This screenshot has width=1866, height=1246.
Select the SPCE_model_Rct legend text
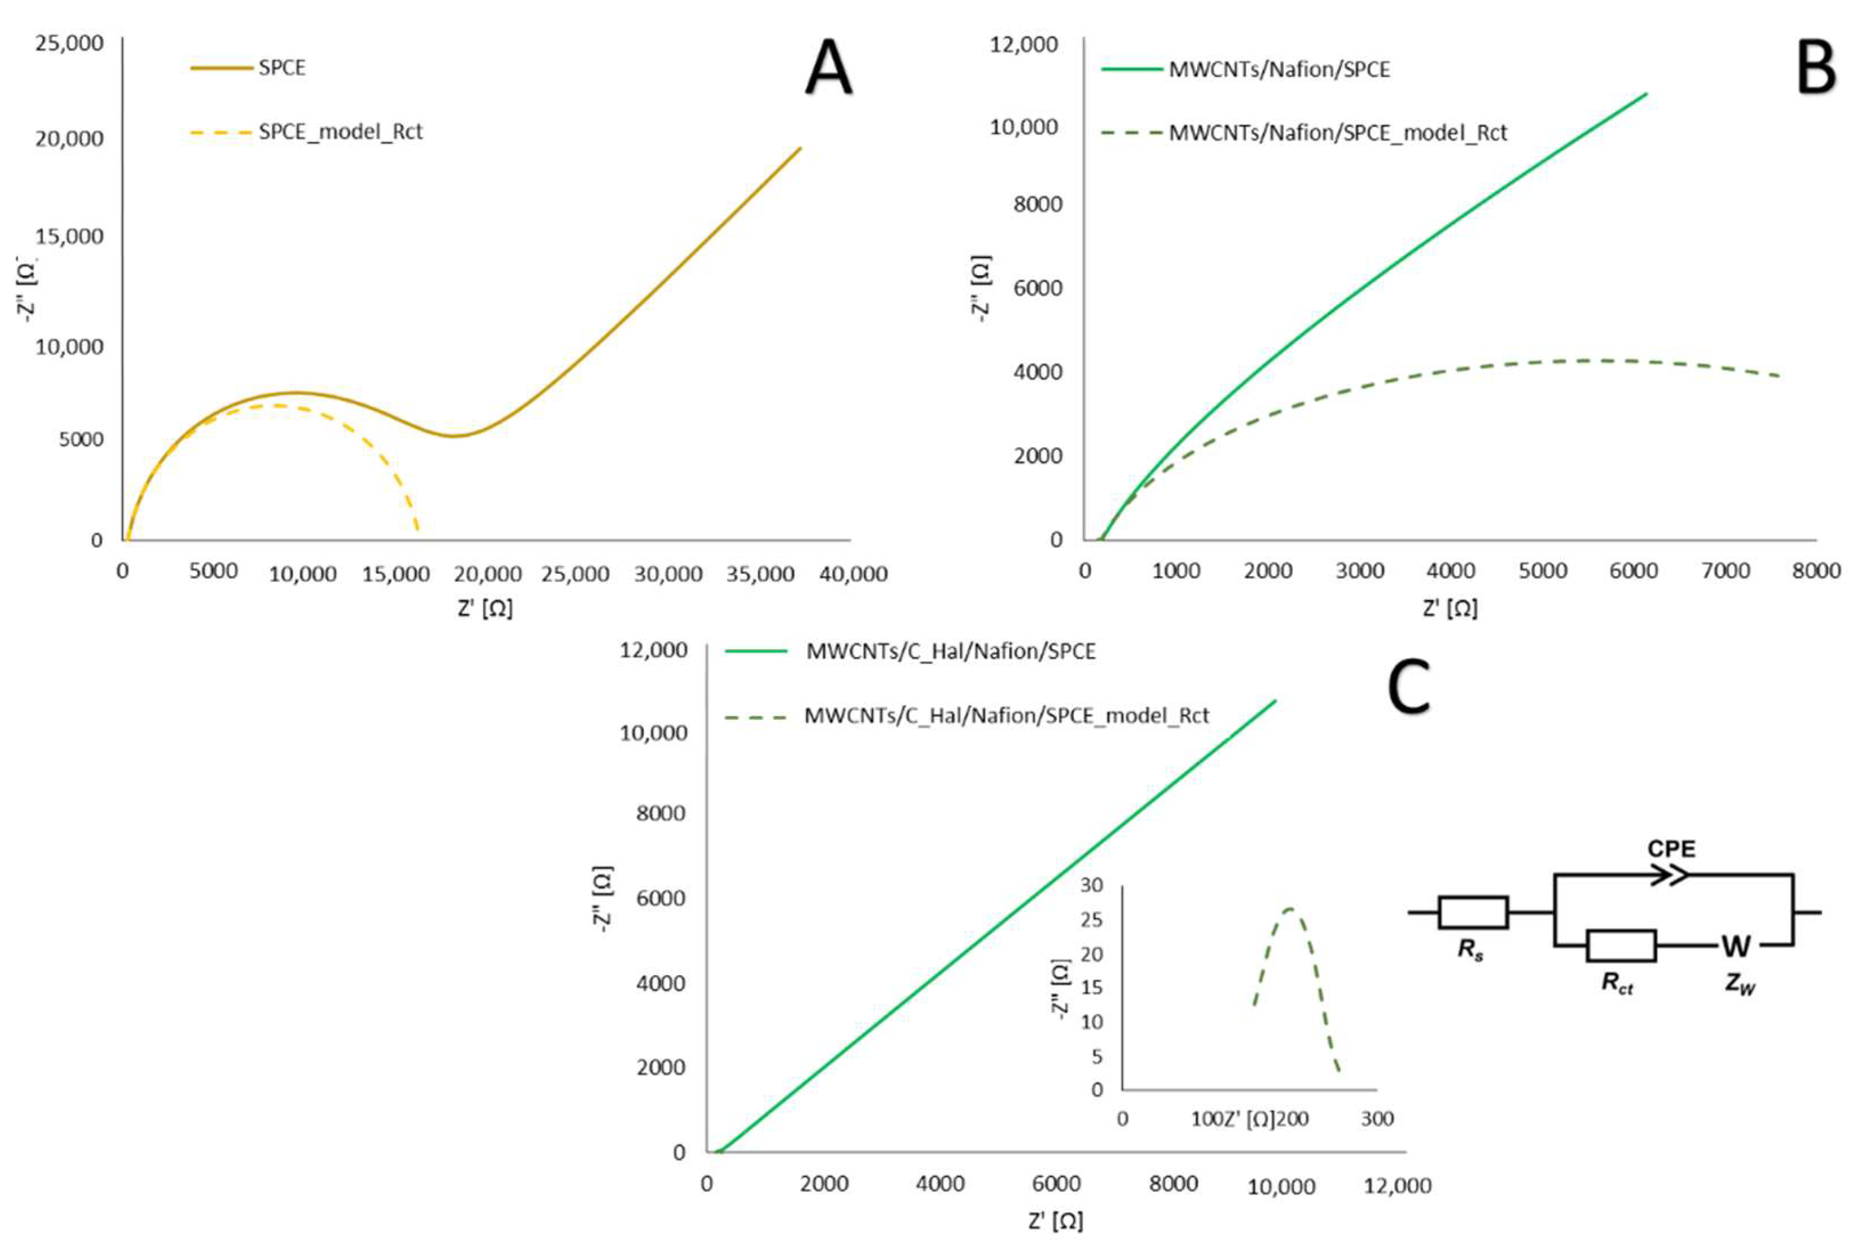click(340, 132)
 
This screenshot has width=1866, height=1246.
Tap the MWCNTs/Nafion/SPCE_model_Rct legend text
click(1337, 133)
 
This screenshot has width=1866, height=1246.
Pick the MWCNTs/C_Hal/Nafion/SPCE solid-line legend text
click(951, 651)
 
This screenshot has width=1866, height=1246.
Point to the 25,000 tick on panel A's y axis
click(69, 43)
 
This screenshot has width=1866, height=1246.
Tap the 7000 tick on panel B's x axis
click(1725, 570)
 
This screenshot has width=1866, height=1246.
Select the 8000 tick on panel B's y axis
click(1038, 204)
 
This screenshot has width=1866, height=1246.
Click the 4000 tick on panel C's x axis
click(940, 1184)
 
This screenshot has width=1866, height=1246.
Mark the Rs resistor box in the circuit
click(1472, 912)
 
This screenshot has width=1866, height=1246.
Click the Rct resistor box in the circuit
click(1621, 945)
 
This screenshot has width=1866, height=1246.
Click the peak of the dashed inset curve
click(1289, 908)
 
